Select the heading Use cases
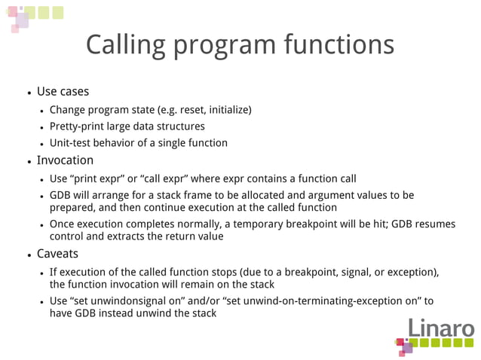pyautogui.click(x=63, y=92)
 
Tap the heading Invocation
pyautogui.click(x=65, y=160)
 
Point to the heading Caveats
pyautogui.click(x=57, y=254)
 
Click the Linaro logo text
pyautogui.click(x=442, y=328)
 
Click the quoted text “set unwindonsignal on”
pyautogui.click(x=128, y=301)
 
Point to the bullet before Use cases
pyautogui.click(x=29, y=93)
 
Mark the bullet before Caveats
pyautogui.click(x=29, y=255)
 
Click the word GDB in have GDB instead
pyautogui.click(x=87, y=313)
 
